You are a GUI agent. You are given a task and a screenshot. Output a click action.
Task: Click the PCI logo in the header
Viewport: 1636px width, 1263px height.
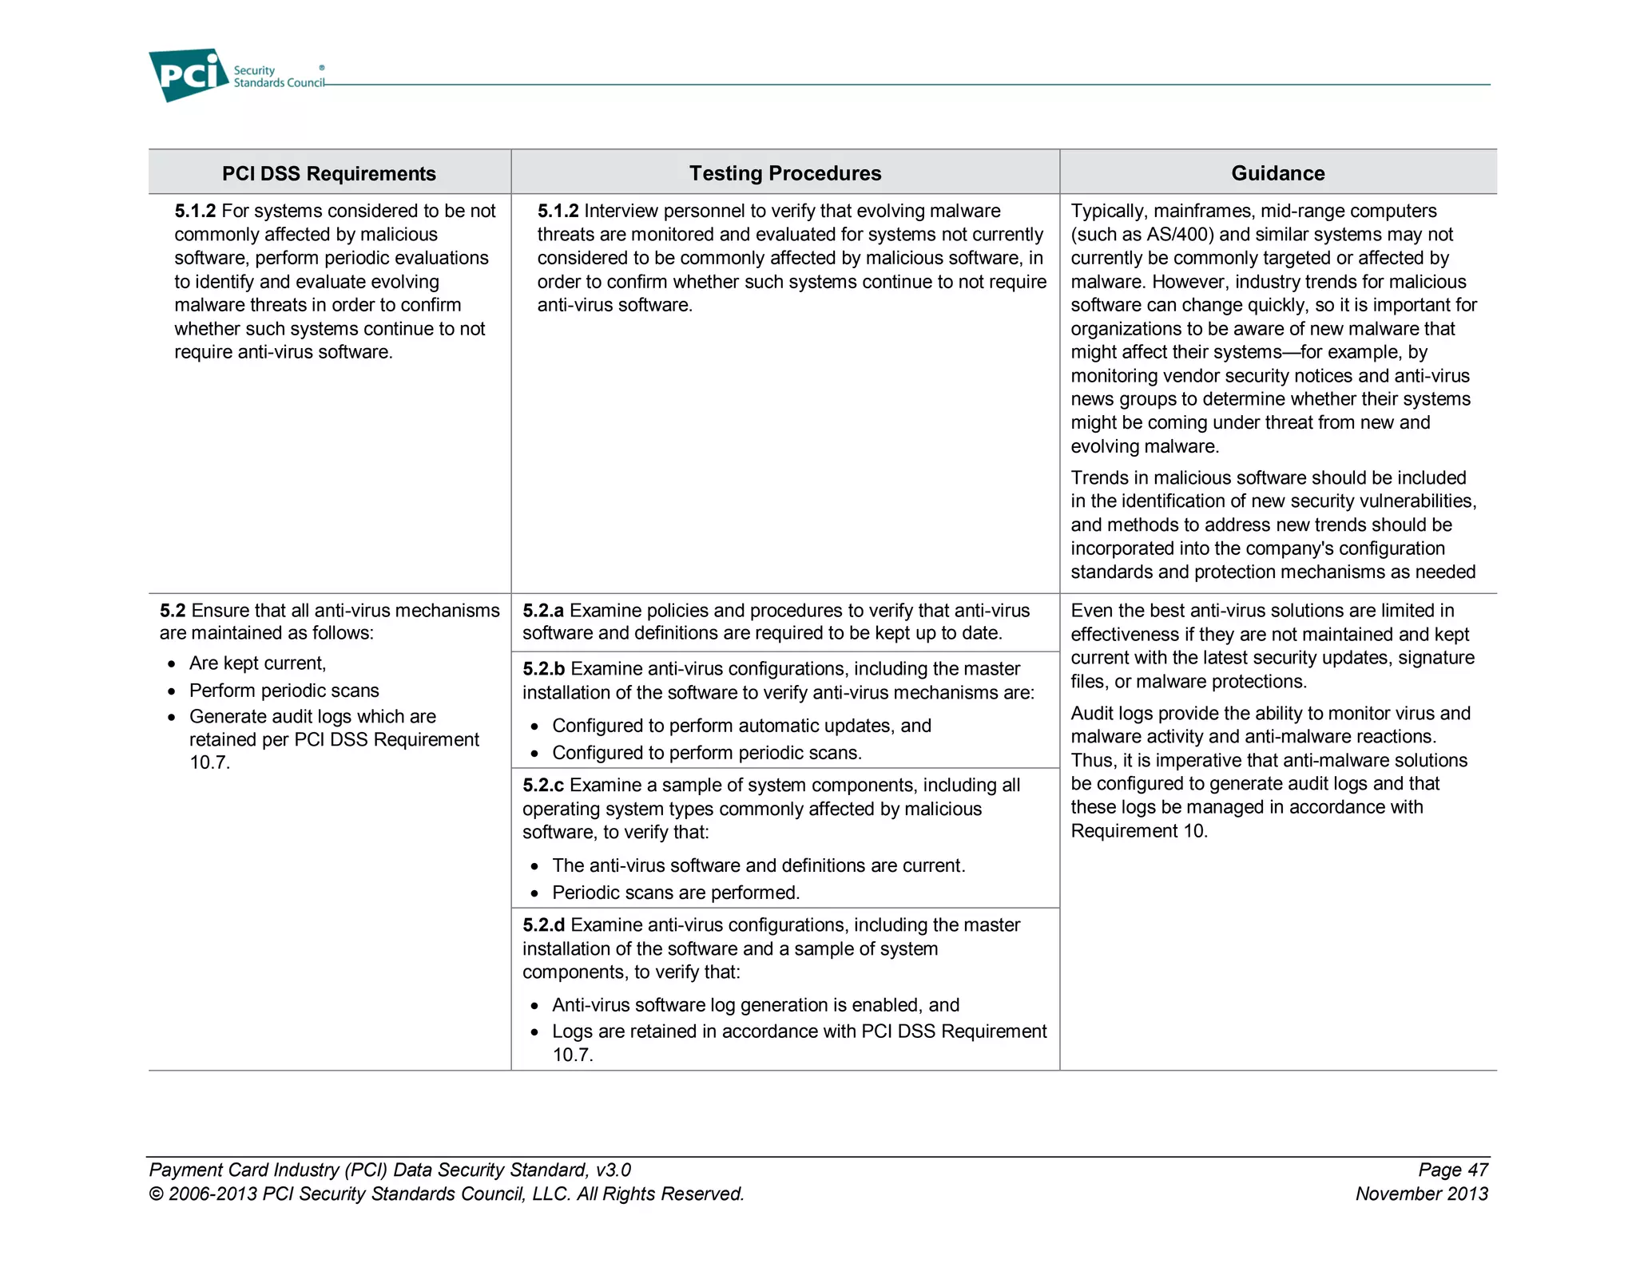189,75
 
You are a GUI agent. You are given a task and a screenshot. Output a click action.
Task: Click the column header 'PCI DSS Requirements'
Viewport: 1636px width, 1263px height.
328,173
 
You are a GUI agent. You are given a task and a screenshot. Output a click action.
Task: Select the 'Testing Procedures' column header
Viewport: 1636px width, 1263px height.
784,173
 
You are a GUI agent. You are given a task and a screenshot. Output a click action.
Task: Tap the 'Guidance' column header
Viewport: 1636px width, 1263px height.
1277,173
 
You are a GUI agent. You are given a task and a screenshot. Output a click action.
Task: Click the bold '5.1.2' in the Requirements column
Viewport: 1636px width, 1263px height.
195,211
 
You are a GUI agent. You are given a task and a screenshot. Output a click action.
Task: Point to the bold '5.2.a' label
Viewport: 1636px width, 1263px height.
543,611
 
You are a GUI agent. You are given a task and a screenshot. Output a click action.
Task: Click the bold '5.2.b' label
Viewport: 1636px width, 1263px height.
543,669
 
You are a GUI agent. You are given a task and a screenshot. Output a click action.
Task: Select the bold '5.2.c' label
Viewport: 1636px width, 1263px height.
543,786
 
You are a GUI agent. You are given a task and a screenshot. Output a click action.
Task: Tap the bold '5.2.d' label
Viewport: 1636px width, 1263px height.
543,925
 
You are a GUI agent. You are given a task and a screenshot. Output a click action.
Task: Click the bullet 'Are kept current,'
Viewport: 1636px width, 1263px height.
257,663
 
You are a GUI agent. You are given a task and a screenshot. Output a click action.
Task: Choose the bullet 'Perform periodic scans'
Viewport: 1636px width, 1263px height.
284,691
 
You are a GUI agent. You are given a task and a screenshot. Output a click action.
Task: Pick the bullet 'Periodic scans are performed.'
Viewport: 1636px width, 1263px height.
675,893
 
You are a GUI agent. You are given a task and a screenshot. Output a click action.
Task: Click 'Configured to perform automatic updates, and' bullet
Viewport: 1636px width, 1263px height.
741,726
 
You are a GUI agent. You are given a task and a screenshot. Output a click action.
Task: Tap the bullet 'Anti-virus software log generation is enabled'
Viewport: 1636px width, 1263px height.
755,1005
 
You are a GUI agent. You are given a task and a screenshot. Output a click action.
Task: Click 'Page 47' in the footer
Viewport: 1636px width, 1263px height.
1452,1170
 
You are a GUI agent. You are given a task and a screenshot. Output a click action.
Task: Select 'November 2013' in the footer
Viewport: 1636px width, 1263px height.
1421,1194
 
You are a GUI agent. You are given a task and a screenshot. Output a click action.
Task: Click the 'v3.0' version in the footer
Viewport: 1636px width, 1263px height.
613,1170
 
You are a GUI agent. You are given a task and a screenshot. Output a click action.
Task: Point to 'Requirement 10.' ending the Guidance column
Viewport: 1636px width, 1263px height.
1138,831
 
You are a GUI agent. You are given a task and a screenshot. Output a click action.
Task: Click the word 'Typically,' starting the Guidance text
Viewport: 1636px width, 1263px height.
1109,211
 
